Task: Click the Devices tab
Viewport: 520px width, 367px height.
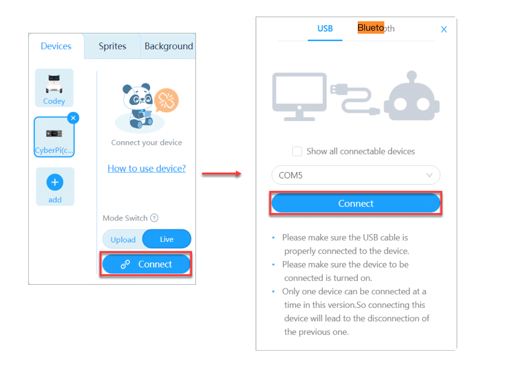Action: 56,46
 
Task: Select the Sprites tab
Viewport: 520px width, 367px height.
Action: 112,46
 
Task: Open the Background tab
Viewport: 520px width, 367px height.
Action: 169,46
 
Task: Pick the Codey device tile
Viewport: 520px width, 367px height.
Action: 54,88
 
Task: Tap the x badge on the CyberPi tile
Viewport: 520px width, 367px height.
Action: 73,118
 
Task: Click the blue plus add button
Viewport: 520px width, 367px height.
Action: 55,182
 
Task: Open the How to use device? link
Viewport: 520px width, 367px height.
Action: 146,168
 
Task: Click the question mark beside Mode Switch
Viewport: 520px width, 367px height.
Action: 154,218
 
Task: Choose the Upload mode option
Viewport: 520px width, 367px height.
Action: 123,240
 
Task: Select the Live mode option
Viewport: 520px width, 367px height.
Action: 167,239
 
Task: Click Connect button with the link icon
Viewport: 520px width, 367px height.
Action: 146,264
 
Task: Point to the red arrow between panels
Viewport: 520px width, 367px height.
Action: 221,174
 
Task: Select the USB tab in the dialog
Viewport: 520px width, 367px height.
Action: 325,29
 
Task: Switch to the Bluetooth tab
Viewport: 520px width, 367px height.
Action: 376,28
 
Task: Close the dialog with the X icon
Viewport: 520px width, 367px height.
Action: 444,30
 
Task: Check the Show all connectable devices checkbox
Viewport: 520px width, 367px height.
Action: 297,151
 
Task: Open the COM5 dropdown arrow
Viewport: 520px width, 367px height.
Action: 429,175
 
